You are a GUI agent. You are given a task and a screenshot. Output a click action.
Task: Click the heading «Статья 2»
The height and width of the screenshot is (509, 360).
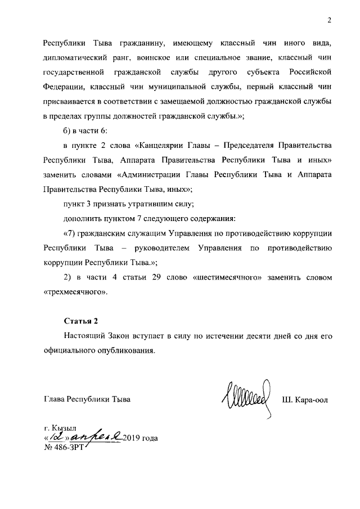(x=80, y=322)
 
